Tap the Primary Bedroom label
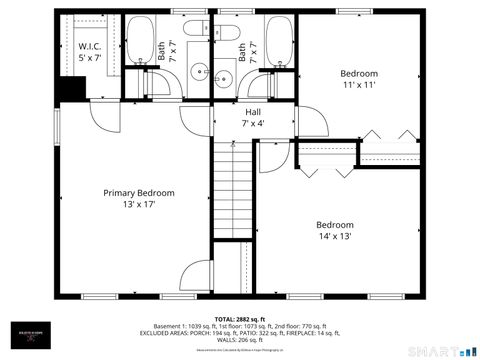[x=140, y=197]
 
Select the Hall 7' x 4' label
[x=254, y=118]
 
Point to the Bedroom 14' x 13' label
[x=335, y=231]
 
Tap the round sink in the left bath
[x=199, y=71]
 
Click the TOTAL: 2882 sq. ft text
[x=239, y=317]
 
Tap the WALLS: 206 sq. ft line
[x=239, y=340]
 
